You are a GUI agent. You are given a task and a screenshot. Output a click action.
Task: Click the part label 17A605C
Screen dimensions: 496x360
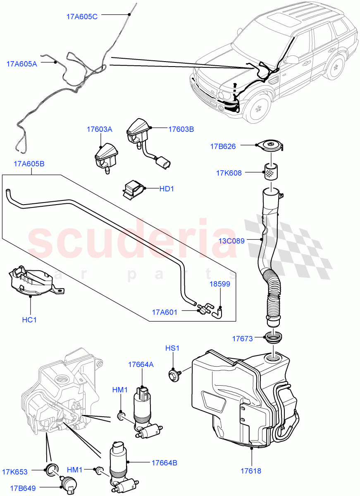82,17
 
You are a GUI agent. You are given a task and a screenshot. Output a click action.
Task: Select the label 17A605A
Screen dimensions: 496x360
21,64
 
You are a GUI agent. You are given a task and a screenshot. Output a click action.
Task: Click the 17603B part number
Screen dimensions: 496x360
181,129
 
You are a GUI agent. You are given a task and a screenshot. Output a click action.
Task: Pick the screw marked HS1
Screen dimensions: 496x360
174,375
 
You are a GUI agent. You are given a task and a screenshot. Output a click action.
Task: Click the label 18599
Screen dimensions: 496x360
219,284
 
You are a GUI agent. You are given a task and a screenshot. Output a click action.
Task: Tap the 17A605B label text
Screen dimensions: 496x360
29,164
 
